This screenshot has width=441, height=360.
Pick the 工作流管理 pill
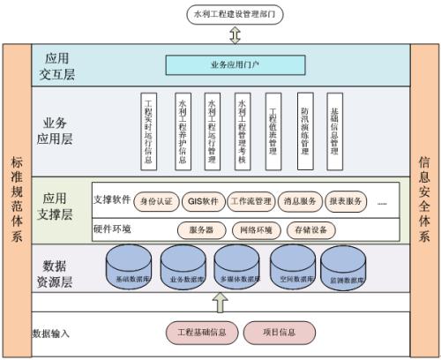pyautogui.click(x=250, y=200)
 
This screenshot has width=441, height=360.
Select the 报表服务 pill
pyautogui.click(x=345, y=200)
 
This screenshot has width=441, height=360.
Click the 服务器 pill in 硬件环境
pyautogui.click(x=202, y=230)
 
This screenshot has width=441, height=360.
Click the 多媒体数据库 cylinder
pyautogui.click(x=239, y=267)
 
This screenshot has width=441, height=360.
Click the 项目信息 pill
pyautogui.click(x=279, y=333)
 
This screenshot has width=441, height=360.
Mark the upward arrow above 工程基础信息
pyautogui.click(x=220, y=302)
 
